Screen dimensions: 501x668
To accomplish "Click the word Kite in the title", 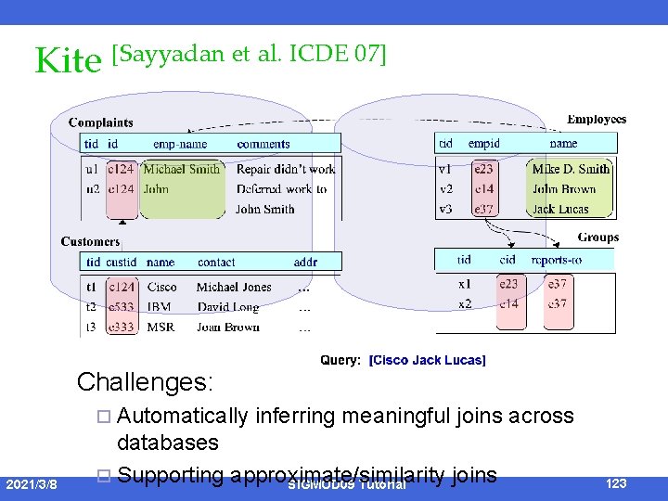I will click(67, 61).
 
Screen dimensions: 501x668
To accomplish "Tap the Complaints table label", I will click(100, 122).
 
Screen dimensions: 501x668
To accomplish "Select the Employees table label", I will click(596, 120).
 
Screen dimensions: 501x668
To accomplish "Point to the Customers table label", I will click(90, 241).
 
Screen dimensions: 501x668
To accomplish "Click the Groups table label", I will click(597, 238).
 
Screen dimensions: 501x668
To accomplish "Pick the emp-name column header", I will click(180, 144).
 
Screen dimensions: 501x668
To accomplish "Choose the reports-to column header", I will click(556, 260).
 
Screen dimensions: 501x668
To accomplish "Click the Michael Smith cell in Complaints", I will click(182, 169).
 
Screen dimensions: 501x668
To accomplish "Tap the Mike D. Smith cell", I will click(571, 169).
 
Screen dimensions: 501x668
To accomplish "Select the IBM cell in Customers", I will click(159, 306).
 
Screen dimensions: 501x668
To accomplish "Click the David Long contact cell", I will click(227, 306).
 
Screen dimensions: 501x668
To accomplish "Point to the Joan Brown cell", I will click(228, 327).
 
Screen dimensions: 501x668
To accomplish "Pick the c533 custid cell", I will click(122, 306).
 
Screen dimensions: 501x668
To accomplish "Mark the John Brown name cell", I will click(563, 189).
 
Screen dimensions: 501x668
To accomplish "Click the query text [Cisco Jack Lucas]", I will click(427, 360).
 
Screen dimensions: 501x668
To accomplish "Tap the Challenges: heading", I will click(145, 382).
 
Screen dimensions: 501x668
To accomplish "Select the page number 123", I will click(616, 483).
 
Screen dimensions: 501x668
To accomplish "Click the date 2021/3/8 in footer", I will click(32, 484).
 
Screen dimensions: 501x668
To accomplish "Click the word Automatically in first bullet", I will click(183, 417).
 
